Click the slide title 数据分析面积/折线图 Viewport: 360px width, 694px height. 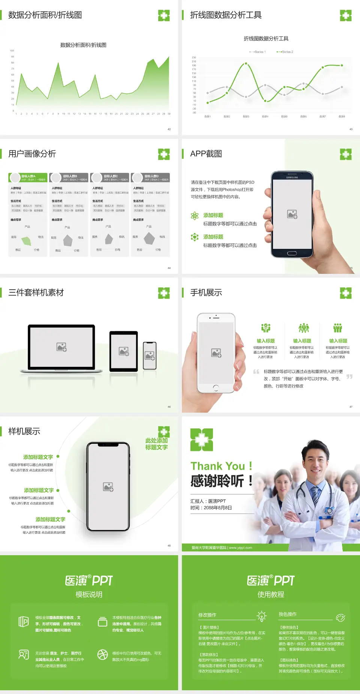click(x=45, y=15)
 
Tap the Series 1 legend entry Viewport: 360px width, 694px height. click(x=258, y=52)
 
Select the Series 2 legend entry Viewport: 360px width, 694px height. click(x=285, y=52)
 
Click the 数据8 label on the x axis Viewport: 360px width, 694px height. click(x=342, y=117)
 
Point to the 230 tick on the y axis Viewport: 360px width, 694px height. click(x=194, y=57)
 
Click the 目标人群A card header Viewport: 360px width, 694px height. click(x=28, y=177)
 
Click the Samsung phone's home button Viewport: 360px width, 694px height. click(x=292, y=253)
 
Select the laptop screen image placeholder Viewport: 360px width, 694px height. click(x=61, y=347)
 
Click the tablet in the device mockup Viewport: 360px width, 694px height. click(x=124, y=351)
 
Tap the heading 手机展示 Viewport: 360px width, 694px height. click(x=206, y=293)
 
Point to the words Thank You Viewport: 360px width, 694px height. click(x=217, y=466)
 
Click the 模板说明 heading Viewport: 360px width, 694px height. click(x=89, y=595)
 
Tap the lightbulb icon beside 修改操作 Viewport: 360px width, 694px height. click(x=261, y=616)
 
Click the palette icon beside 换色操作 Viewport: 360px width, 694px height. click(x=340, y=617)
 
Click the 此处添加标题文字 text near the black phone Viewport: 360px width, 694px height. click(x=156, y=444)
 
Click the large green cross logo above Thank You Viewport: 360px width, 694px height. click(x=202, y=439)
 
